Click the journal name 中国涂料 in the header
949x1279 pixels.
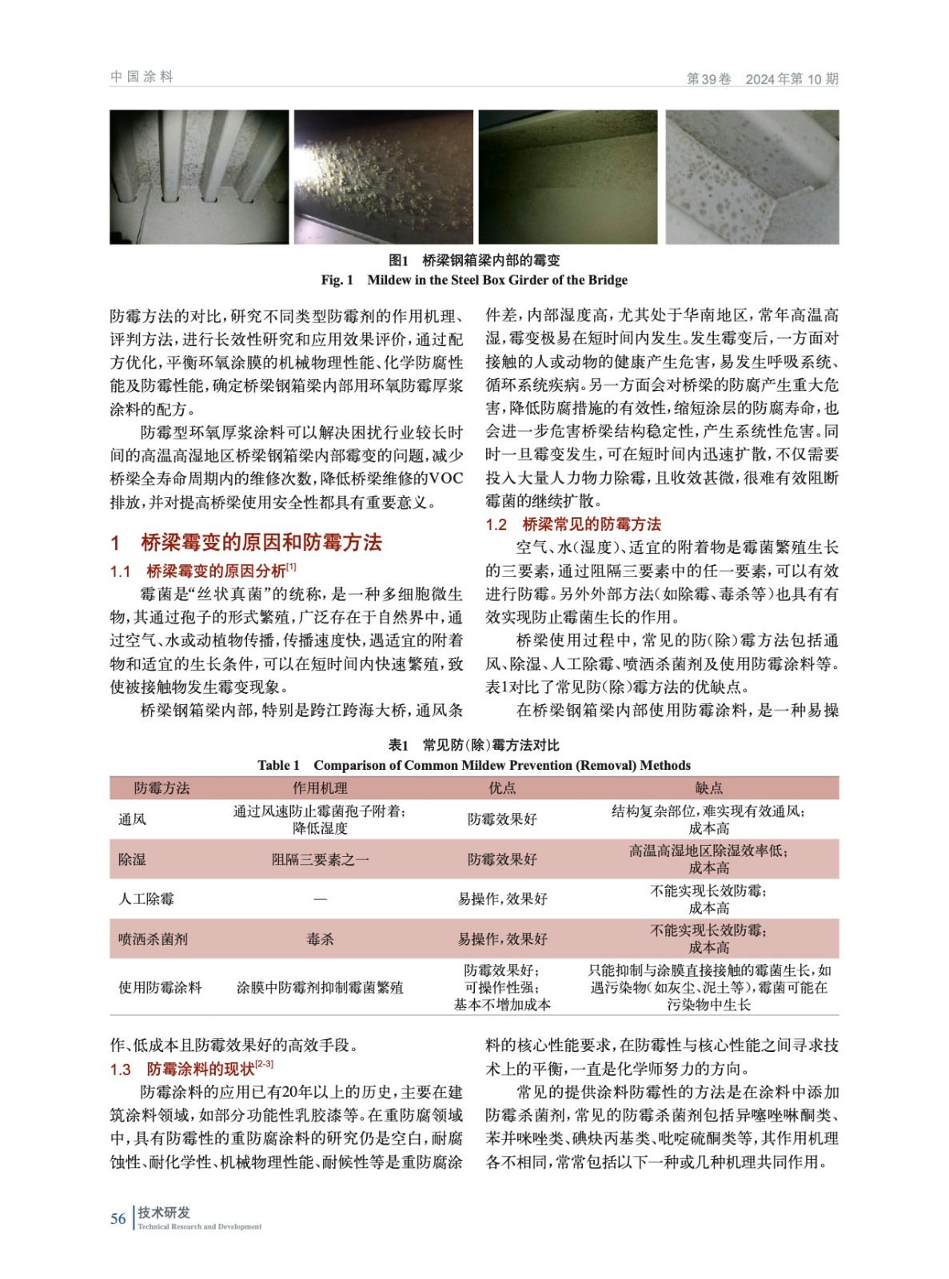[x=142, y=77]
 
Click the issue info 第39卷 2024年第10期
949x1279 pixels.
[x=762, y=78]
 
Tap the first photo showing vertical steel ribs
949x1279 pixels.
[x=199, y=177]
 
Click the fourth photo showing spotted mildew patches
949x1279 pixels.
[x=752, y=177]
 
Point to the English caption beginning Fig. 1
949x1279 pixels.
[x=474, y=280]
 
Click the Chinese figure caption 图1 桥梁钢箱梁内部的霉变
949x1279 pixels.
[x=474, y=260]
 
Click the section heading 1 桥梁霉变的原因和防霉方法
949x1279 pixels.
[x=246, y=543]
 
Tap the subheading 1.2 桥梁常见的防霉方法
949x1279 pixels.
[x=573, y=524]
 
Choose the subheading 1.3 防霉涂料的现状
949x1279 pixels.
[x=192, y=1069]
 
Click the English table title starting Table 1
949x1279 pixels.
[x=474, y=765]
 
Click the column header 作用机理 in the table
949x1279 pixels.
[x=320, y=788]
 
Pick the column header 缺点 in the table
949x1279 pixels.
[x=708, y=788]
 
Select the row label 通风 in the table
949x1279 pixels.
[x=133, y=819]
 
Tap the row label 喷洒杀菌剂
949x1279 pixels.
[x=154, y=939]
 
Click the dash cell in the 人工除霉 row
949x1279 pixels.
[x=320, y=899]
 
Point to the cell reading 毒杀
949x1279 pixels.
[x=320, y=939]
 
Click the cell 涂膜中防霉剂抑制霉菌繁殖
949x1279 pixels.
[x=320, y=988]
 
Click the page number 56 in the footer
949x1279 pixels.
[x=118, y=1218]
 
